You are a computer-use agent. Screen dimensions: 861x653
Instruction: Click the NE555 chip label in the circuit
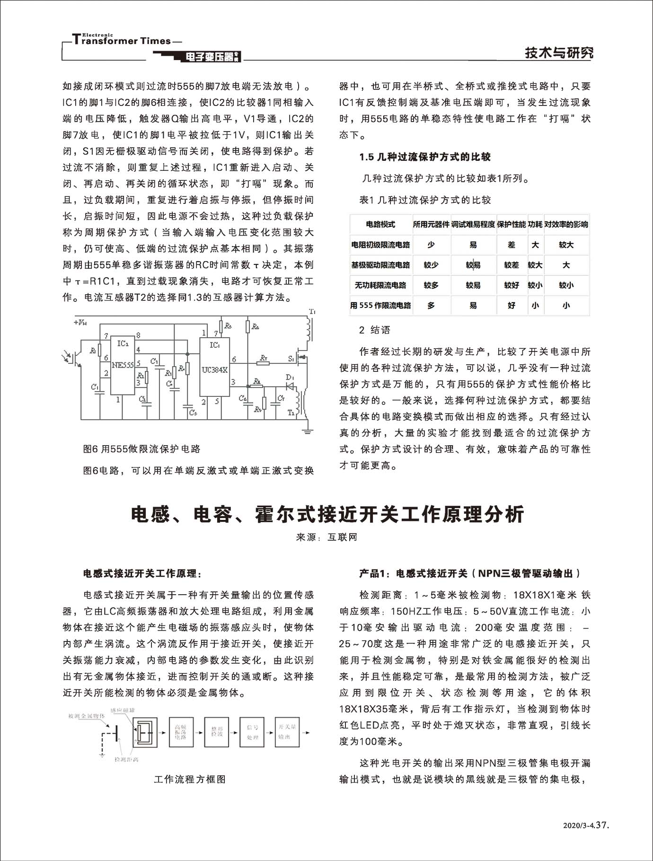(123, 365)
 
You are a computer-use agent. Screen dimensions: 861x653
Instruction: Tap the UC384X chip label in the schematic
(214, 369)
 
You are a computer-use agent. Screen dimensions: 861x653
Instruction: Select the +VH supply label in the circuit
(79, 323)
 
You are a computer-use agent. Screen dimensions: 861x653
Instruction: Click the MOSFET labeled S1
(300, 358)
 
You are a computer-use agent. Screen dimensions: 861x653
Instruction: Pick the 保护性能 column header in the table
(511, 224)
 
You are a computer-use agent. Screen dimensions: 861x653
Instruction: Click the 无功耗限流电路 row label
(380, 285)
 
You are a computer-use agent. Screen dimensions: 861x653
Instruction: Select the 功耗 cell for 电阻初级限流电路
(535, 245)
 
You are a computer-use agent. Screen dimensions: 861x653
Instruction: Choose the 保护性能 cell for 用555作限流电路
(511, 306)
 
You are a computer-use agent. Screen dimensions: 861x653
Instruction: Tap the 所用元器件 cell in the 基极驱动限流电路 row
(431, 265)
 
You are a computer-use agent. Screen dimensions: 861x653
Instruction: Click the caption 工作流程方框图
(190, 779)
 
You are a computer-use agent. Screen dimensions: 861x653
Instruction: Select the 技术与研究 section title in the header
(558, 53)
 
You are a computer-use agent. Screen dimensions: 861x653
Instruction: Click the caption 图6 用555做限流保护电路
(141, 449)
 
